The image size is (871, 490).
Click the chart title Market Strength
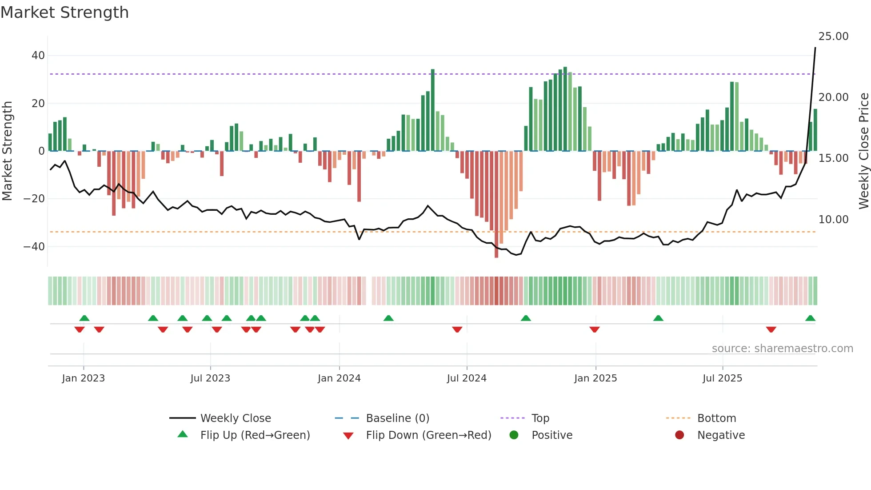64,12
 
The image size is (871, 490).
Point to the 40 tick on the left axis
38,56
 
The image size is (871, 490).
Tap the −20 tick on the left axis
34,199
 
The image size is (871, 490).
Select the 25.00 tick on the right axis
833,36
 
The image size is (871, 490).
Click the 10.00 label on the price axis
833,220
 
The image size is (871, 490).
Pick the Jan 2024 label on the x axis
339,378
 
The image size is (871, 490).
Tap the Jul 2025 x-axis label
722,378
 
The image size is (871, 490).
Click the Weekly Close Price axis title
863,151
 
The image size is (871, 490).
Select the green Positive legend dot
514,435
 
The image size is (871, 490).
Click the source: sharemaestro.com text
782,349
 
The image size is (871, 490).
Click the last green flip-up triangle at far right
810,318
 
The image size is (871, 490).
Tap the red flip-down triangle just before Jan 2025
595,329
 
